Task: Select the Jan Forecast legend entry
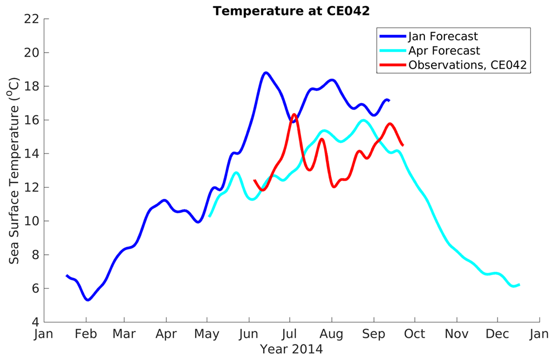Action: pos(443,37)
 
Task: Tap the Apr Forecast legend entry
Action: pos(444,51)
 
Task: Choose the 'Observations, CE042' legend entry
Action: pos(468,65)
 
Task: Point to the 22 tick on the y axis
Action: pos(32,19)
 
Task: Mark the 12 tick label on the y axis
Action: pos(32,187)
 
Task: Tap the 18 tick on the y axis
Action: pos(32,86)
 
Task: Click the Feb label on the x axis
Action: pos(86,334)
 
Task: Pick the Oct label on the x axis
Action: pos(414,334)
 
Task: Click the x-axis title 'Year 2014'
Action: pos(291,349)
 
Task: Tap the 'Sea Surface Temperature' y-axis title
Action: pos(14,171)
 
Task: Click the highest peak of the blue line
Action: pos(266,73)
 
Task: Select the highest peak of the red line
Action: pos(294,115)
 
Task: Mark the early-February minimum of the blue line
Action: pos(88,300)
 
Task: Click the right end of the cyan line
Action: pos(519,284)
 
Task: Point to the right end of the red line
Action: pos(402,145)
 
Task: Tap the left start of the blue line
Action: pos(66,275)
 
